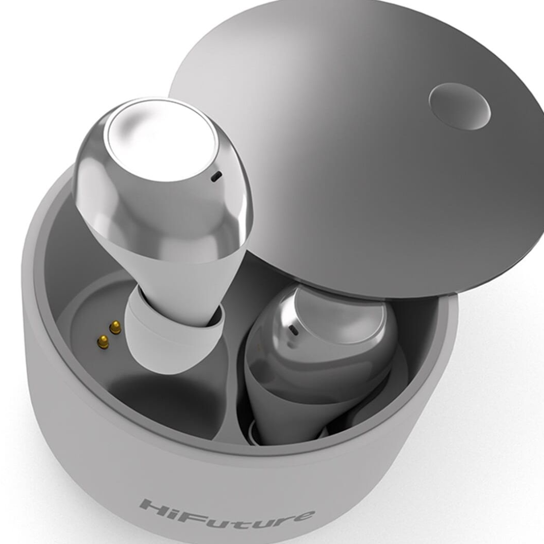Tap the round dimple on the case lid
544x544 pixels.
tap(459, 106)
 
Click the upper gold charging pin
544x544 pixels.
tap(115, 327)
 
